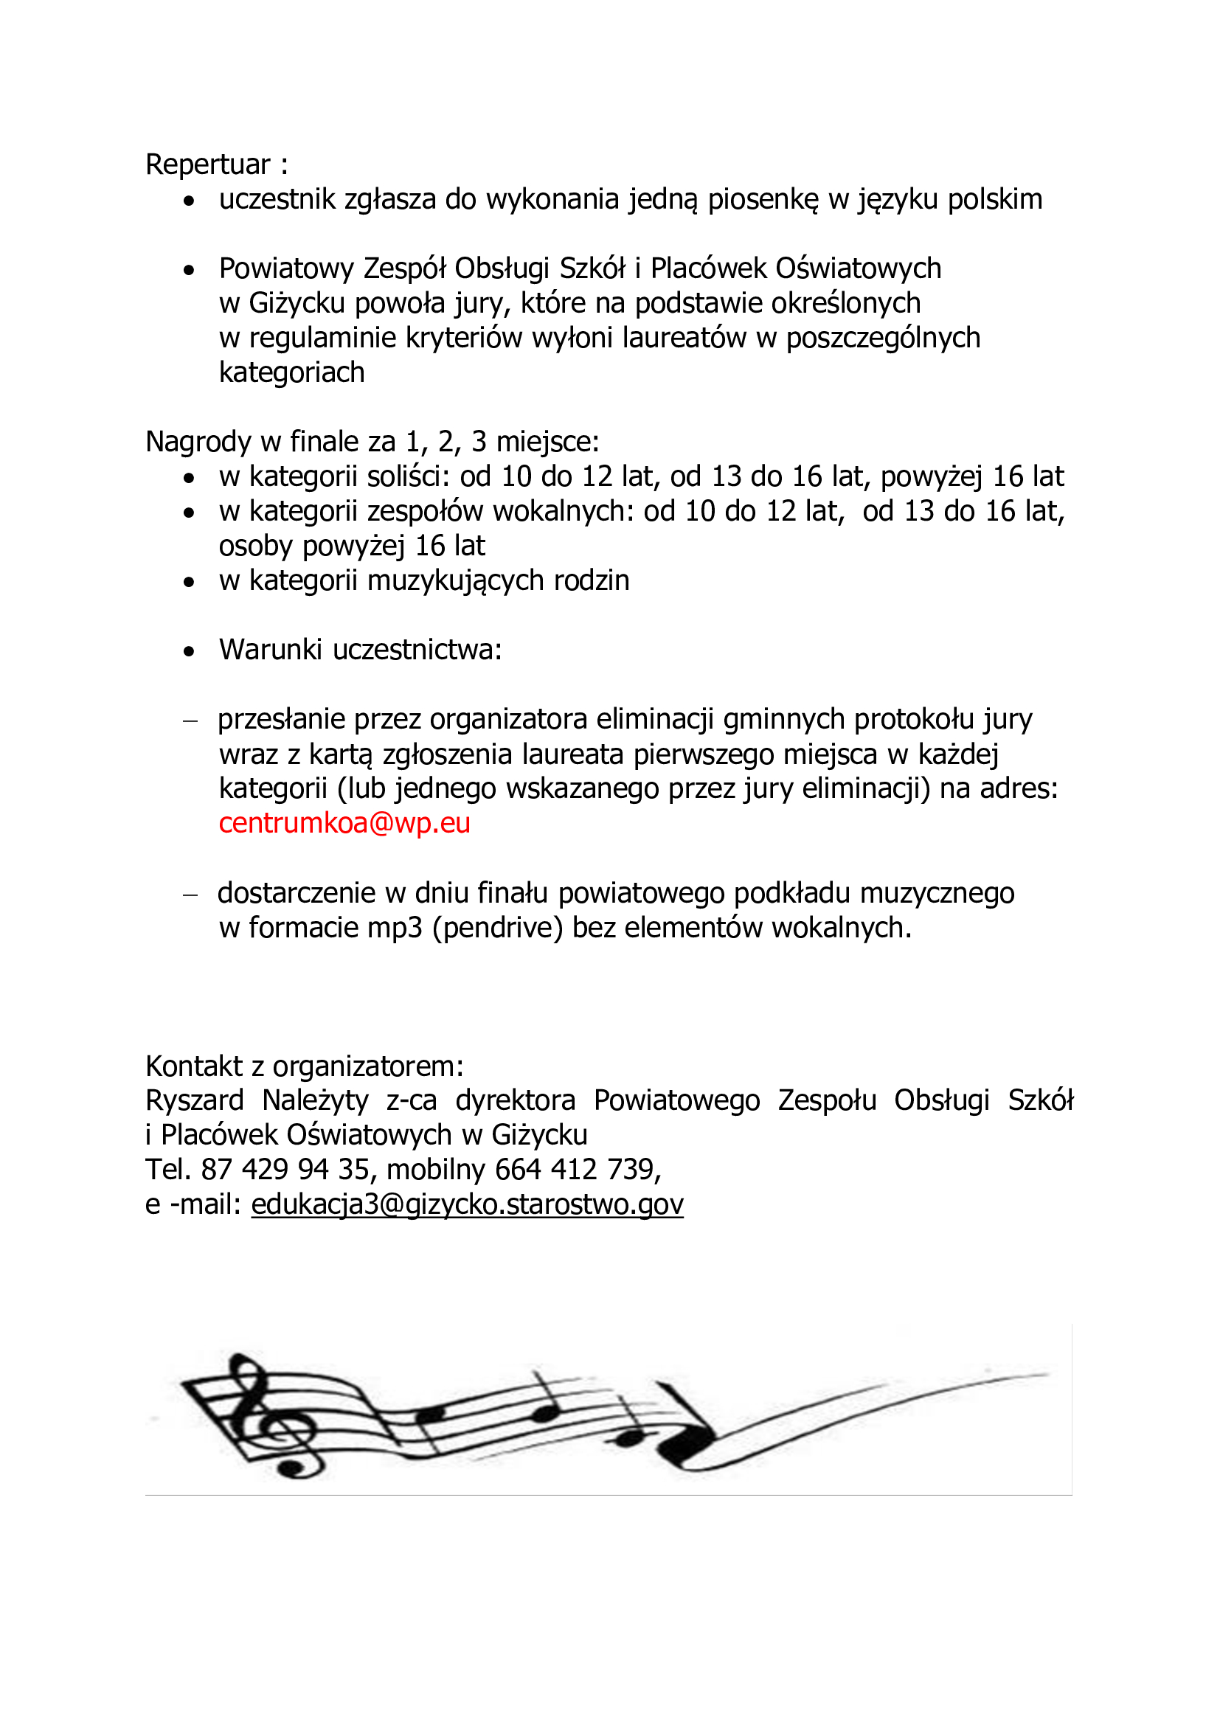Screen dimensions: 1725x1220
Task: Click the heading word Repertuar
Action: (x=207, y=164)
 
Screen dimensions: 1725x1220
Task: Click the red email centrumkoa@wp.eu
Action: (x=344, y=824)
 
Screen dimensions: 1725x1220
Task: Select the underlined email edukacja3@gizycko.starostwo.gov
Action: (x=466, y=1204)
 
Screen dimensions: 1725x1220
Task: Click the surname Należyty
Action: (x=315, y=1100)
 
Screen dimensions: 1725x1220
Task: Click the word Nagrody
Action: (x=198, y=442)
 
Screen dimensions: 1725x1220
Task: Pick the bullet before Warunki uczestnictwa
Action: (x=190, y=651)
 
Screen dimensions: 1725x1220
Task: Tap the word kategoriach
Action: (x=291, y=372)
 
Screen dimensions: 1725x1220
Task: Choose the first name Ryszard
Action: (x=195, y=1100)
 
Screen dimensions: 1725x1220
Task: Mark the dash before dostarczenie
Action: (x=190, y=895)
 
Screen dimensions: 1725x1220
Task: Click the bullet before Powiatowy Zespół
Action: (x=190, y=270)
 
